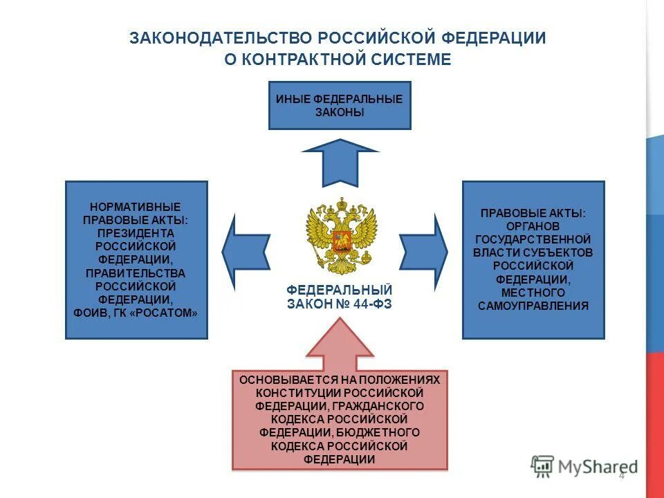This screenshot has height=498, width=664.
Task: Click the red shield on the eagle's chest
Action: point(340,241)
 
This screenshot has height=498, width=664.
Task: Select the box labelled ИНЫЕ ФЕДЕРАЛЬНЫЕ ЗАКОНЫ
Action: point(340,106)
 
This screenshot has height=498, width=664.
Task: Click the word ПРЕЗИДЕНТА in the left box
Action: point(136,233)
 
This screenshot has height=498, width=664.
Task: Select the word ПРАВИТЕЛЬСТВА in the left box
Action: point(136,273)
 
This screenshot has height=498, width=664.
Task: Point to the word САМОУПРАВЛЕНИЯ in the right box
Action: point(533,305)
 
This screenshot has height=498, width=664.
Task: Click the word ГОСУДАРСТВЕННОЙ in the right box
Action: point(533,239)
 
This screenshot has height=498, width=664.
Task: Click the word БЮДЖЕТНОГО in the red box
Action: point(382,432)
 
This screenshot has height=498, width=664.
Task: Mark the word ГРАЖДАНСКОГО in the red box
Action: point(380,406)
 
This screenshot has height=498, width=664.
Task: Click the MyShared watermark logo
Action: point(584,466)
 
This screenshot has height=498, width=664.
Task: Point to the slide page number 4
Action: point(621,475)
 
